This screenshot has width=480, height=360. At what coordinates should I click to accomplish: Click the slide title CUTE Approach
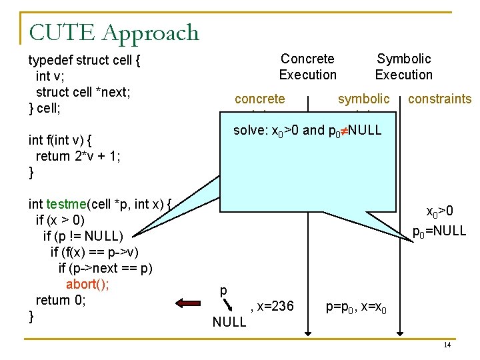point(114,32)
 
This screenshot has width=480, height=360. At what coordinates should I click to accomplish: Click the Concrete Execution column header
point(307,67)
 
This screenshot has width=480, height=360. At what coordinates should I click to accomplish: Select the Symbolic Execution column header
point(403,67)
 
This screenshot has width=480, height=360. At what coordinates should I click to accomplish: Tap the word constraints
point(439,99)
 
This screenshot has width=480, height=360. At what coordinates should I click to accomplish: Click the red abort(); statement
point(88,284)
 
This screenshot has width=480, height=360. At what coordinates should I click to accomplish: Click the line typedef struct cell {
point(84,61)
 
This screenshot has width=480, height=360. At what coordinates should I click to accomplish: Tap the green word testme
point(66,204)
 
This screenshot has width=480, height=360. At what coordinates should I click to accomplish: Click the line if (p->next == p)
point(105,268)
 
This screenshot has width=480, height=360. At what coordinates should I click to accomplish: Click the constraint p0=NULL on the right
point(439,231)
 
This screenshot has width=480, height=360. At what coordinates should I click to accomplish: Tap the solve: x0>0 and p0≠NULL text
point(307,131)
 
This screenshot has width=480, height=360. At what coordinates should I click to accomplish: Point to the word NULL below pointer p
point(229,323)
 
